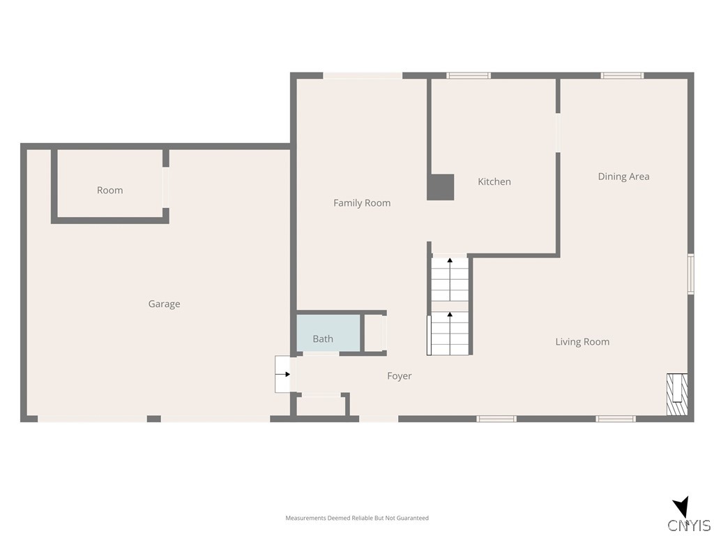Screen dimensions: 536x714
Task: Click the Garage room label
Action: pos(164,304)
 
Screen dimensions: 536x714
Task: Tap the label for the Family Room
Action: pos(362,203)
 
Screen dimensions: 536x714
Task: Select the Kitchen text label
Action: pos(494,181)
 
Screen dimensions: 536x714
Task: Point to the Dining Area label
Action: pos(623,177)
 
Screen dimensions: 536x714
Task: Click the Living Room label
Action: pos(582,341)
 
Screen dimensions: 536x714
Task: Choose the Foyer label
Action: pos(400,376)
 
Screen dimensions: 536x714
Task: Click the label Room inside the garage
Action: pos(110,190)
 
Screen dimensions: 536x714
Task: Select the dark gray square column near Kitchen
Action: pos(441,187)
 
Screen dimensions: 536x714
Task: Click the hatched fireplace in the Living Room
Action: pos(677,395)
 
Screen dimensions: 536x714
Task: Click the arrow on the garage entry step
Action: pos(284,374)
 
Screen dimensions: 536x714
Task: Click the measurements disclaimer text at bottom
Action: pos(357,518)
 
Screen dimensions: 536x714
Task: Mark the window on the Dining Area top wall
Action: pos(622,75)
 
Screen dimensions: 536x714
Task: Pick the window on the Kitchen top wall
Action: pos(469,75)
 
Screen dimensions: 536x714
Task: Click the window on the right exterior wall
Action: pos(690,274)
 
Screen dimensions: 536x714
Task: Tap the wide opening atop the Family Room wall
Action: pos(363,75)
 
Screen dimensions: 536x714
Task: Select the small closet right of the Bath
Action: pos(374,334)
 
